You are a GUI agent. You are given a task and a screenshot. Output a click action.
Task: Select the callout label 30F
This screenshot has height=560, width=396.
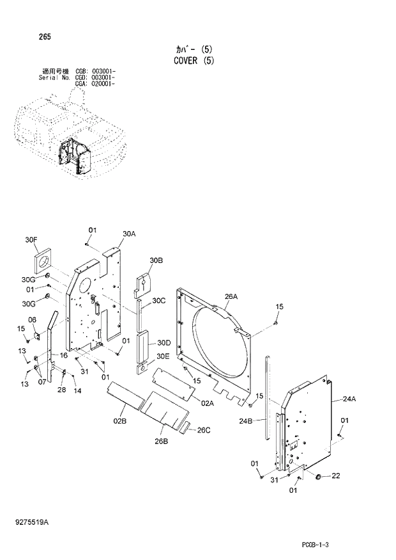pos(31,240)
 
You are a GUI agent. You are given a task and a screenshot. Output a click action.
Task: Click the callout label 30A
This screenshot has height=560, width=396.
pos(129,234)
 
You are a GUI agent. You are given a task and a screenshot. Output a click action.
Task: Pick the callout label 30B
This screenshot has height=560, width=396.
pos(156,260)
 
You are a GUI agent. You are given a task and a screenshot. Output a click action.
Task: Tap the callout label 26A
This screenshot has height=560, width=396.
pos(231,296)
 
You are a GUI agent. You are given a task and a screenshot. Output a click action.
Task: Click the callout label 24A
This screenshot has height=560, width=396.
pos(349,399)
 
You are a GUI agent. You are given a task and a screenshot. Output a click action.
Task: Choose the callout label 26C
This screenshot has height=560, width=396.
pos(203,430)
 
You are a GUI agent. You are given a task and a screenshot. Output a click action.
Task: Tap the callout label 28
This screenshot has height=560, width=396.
pos(61,390)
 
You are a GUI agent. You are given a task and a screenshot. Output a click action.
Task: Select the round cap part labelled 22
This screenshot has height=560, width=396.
pos(317,477)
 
